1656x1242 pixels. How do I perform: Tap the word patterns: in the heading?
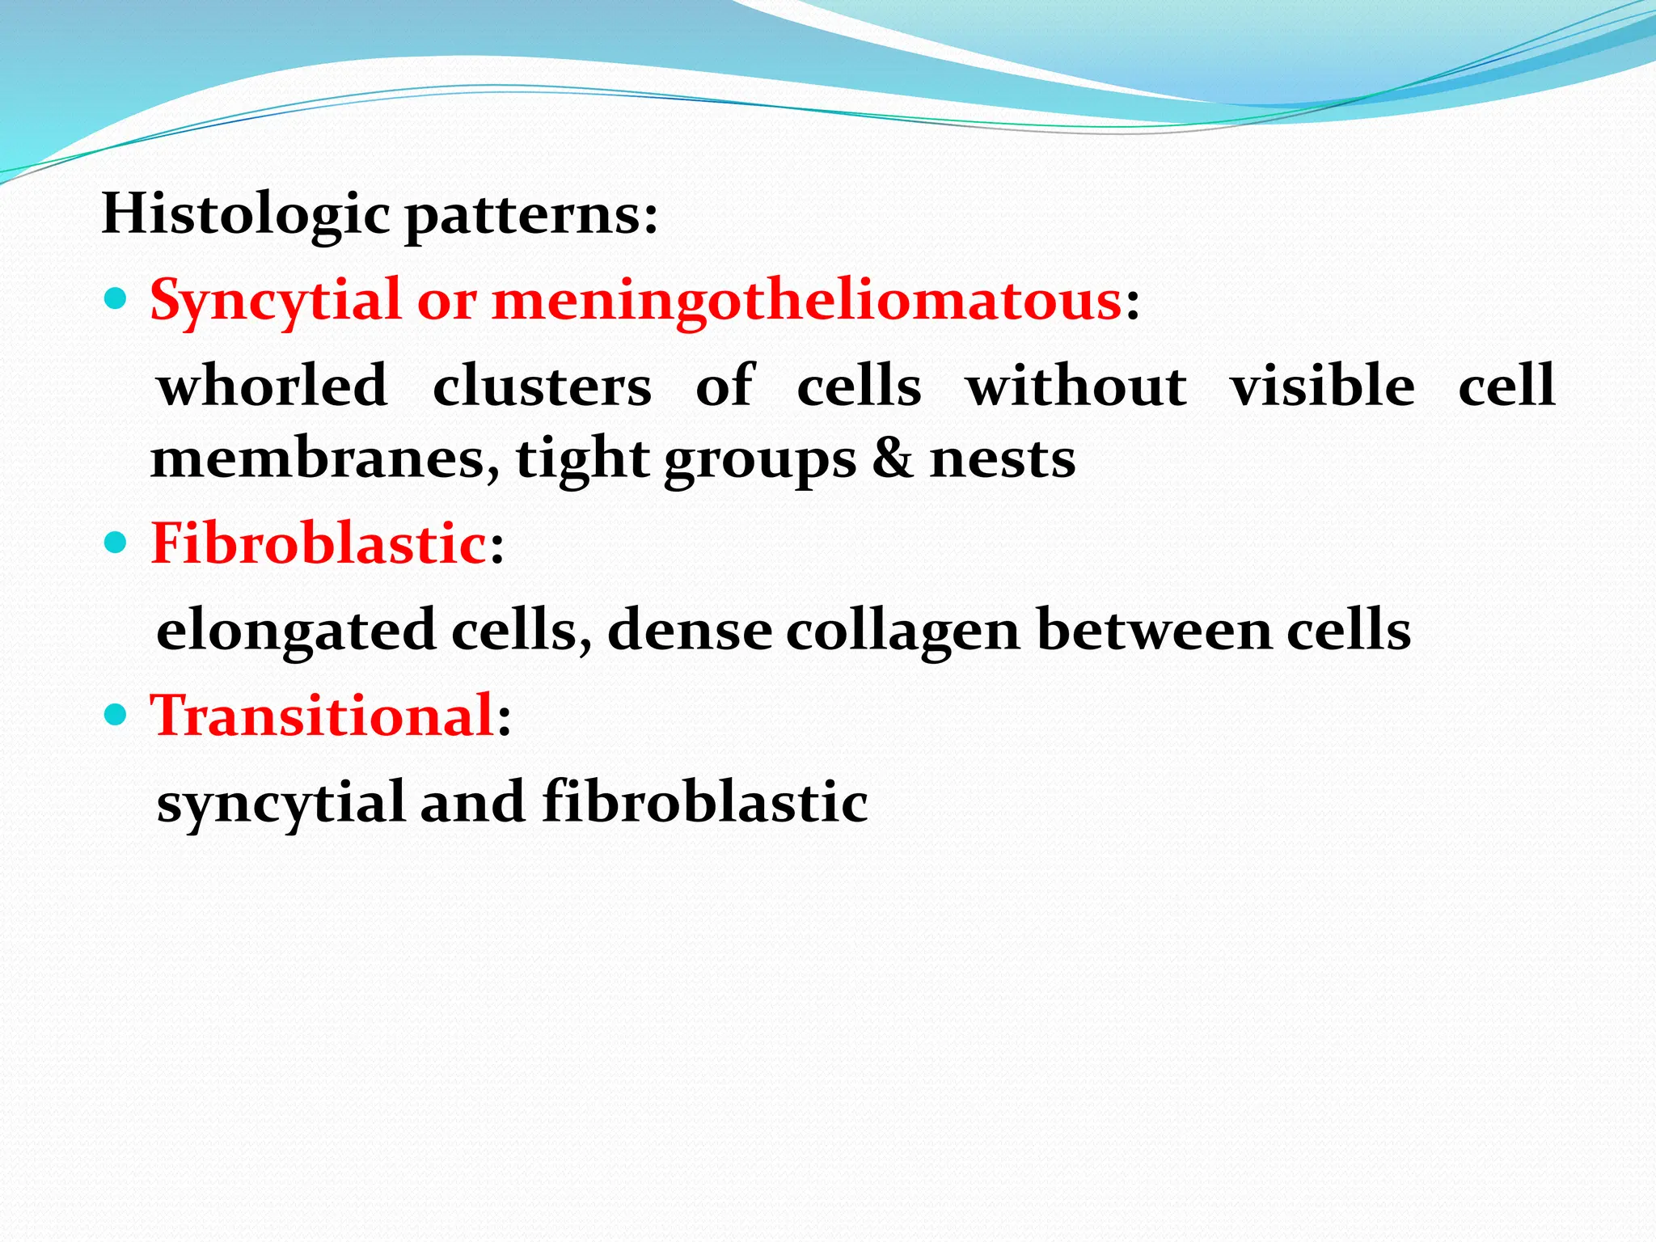point(531,217)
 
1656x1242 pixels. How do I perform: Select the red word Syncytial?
point(275,301)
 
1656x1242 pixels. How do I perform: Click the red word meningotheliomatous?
point(806,301)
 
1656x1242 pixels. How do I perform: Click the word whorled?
point(272,386)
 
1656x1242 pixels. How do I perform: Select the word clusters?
point(542,387)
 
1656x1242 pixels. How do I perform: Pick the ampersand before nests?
point(892,459)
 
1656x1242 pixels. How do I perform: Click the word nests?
point(1003,459)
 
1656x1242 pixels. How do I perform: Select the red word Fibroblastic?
point(319,543)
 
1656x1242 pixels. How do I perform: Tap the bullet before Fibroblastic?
point(116,542)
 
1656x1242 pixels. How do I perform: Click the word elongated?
point(296,632)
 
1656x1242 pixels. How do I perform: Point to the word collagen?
point(902,632)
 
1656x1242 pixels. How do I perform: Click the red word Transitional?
point(323,716)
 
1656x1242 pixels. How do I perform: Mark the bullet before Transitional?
point(116,714)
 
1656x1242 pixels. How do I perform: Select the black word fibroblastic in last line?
point(704,802)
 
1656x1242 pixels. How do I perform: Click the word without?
point(1076,386)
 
